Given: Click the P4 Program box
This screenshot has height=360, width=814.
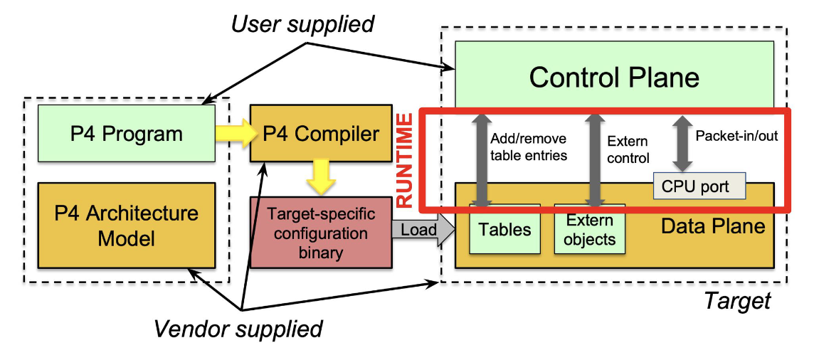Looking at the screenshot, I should pos(126,133).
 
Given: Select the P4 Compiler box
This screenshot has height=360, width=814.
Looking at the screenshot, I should pos(320,133).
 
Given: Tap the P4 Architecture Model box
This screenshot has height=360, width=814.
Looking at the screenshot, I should pos(126,224).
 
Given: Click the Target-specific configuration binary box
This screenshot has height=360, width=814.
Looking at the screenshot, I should pos(320,233).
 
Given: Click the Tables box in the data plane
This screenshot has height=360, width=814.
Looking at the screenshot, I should pos(504,229).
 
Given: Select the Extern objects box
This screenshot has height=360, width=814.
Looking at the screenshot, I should pos(590,230).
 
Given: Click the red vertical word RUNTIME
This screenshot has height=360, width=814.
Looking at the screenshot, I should pos(406,160).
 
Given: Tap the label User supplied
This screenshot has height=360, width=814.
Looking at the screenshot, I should pos(302,24).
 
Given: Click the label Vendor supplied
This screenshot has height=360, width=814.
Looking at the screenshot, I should pos(238,328).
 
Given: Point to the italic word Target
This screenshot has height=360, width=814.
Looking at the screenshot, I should pos(737,301).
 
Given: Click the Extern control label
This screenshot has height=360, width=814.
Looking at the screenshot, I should pos(628,149).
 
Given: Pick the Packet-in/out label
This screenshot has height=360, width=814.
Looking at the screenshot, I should pos(736,135).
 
